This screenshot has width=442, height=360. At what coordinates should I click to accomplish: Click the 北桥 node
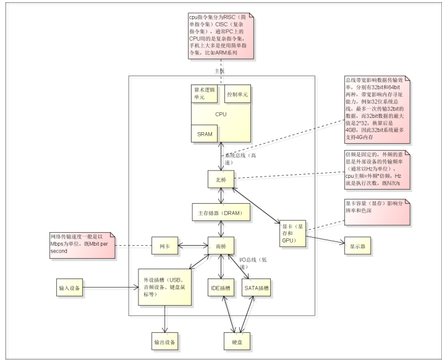[x=221, y=178]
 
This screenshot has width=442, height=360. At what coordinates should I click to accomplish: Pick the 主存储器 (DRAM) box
[x=221, y=212]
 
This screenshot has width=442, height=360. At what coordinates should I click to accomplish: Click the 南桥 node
[x=221, y=245]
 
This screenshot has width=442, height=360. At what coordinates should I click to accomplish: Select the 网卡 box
[x=165, y=245]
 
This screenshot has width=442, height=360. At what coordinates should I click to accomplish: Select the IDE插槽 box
[x=221, y=287]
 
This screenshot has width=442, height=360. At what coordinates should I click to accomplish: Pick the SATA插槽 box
[x=255, y=287]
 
